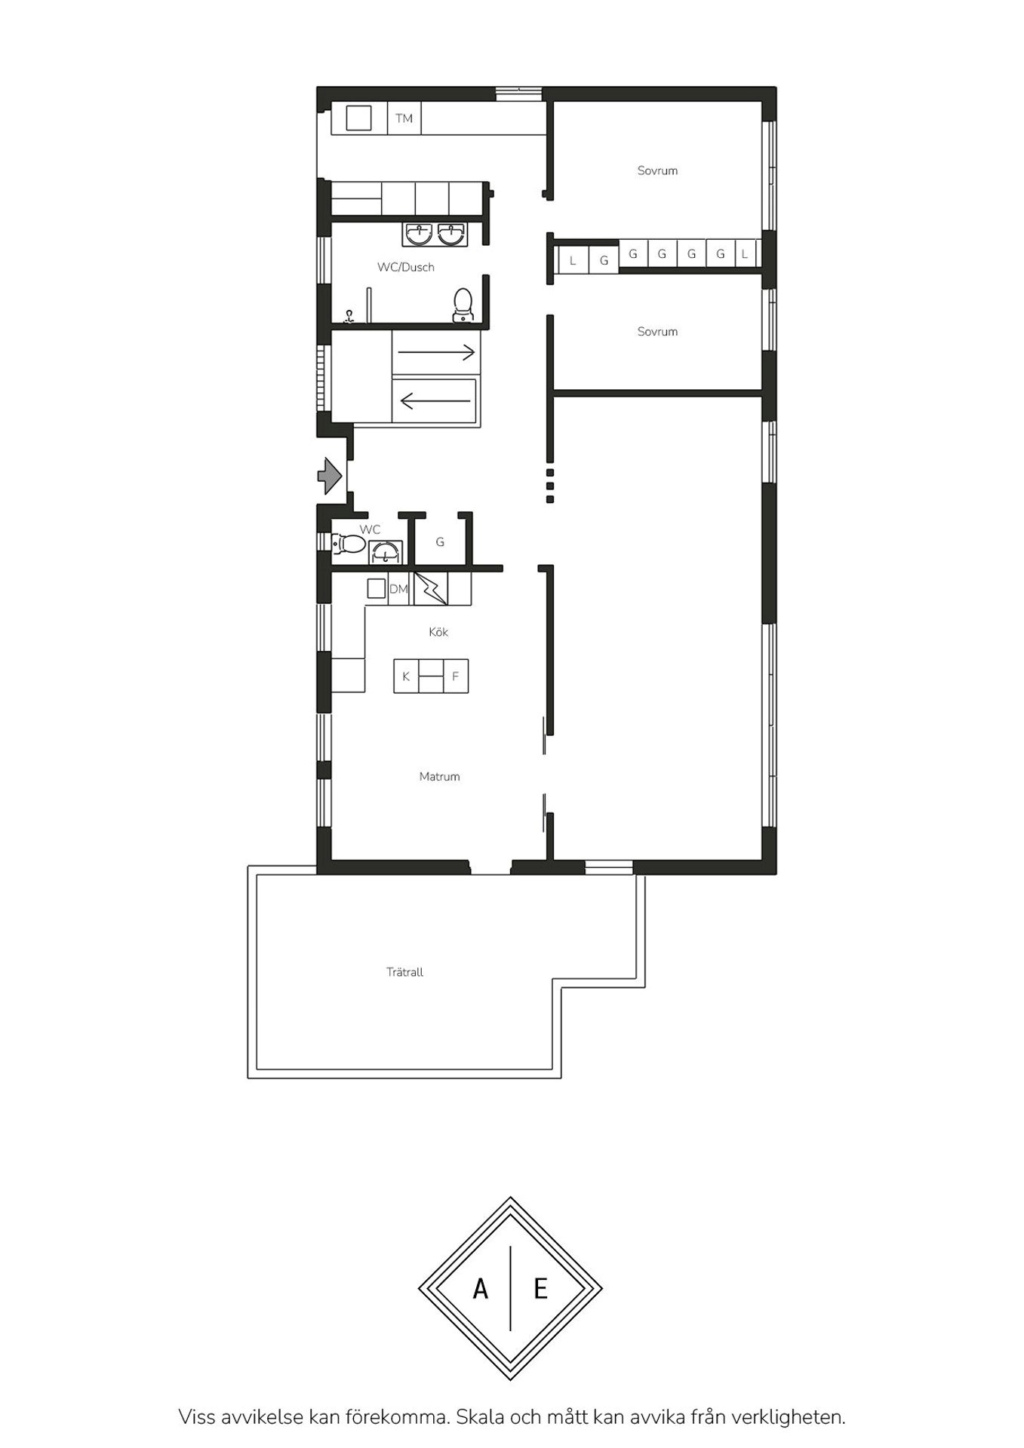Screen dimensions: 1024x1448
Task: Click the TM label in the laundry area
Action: coord(404,118)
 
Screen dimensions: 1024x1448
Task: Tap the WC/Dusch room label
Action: coord(406,267)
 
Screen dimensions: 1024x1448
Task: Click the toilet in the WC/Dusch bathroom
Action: coord(463,305)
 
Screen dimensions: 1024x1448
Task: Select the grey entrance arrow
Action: coord(330,476)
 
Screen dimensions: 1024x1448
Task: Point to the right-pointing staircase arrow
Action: coord(437,351)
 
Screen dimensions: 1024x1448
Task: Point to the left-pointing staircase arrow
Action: coord(437,400)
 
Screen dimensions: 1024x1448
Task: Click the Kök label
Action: coord(438,632)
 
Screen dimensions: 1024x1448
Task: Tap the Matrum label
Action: coord(439,776)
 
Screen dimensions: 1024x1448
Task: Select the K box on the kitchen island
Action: coord(406,676)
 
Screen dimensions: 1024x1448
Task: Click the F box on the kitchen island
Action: coord(455,676)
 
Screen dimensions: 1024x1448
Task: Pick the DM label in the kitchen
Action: coord(398,589)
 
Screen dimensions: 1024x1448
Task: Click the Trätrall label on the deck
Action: coord(404,972)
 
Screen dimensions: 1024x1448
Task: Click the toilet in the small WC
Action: coord(349,543)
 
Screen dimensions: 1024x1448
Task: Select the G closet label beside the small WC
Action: coord(440,541)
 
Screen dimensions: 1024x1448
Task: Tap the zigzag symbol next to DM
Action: coord(431,588)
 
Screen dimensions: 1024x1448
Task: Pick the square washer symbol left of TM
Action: coord(358,118)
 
